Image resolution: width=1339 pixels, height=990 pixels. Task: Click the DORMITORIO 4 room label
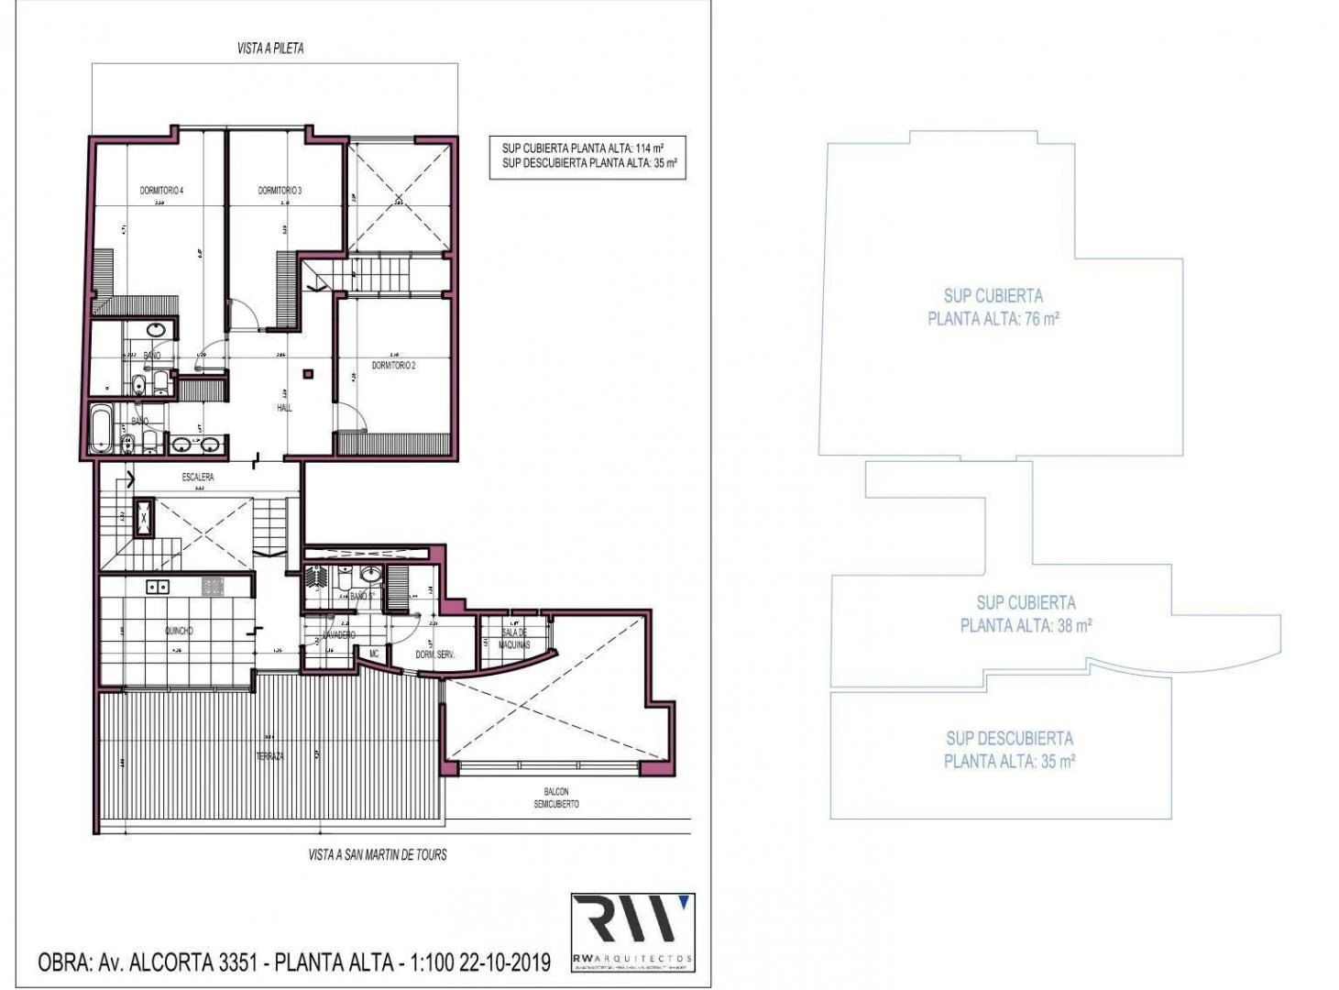[x=161, y=191]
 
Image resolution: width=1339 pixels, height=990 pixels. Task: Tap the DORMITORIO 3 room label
[x=280, y=191]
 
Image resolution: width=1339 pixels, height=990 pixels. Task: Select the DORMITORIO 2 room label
[x=394, y=365]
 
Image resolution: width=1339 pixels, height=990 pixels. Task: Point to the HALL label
[x=284, y=408]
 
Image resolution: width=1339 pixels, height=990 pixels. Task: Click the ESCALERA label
[x=198, y=478]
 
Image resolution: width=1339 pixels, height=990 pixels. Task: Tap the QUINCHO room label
[x=179, y=631]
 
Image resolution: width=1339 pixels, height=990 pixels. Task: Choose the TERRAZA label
[x=269, y=756]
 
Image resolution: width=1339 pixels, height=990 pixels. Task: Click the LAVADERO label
[x=339, y=634]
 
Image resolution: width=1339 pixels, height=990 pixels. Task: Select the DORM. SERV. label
[x=435, y=654]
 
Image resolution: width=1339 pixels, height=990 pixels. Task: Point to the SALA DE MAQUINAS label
[x=514, y=639]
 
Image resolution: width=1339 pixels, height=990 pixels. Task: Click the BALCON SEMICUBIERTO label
[x=556, y=797]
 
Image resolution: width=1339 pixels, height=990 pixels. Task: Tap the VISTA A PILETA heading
[x=270, y=49]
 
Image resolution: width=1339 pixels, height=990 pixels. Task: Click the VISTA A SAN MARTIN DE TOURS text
[x=378, y=854]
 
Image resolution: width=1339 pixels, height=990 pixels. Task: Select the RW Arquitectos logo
[x=632, y=931]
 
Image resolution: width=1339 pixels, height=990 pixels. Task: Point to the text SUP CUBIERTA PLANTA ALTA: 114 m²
[x=583, y=148]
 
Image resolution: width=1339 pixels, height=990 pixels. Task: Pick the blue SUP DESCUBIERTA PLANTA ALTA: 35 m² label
[x=1009, y=749]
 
